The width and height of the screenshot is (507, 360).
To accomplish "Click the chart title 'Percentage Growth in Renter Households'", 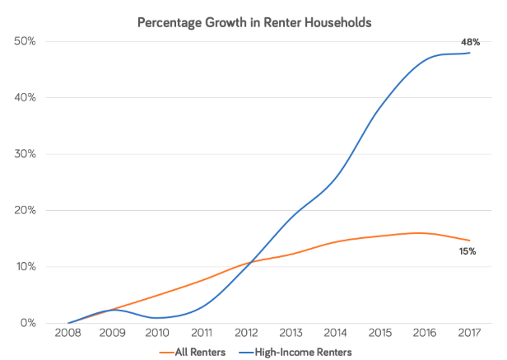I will pyautogui.click(x=254, y=21).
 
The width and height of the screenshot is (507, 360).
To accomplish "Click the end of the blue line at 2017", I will pyautogui.click(x=468, y=53).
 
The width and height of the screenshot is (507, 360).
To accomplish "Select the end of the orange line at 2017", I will pyautogui.click(x=468, y=241).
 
